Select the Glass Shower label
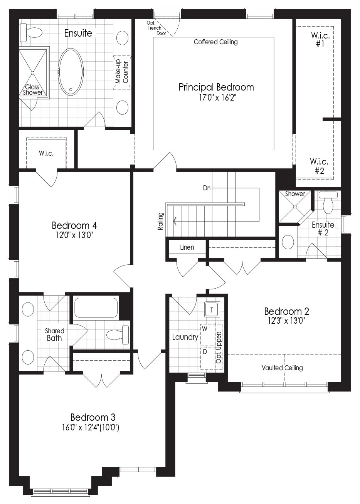[33, 89]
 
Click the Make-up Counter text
[122, 72]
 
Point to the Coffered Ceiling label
[215, 42]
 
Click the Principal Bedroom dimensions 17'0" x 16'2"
[217, 98]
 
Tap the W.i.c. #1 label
[320, 39]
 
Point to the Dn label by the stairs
[207, 188]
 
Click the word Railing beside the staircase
[160, 221]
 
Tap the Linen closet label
[187, 247]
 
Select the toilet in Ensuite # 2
[328, 202]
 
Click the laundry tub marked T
[212, 310]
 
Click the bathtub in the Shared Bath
[96, 307]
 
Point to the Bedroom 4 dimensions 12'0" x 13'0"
[74, 235]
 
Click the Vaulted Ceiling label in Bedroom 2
[282, 368]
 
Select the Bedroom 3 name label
[93, 417]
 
